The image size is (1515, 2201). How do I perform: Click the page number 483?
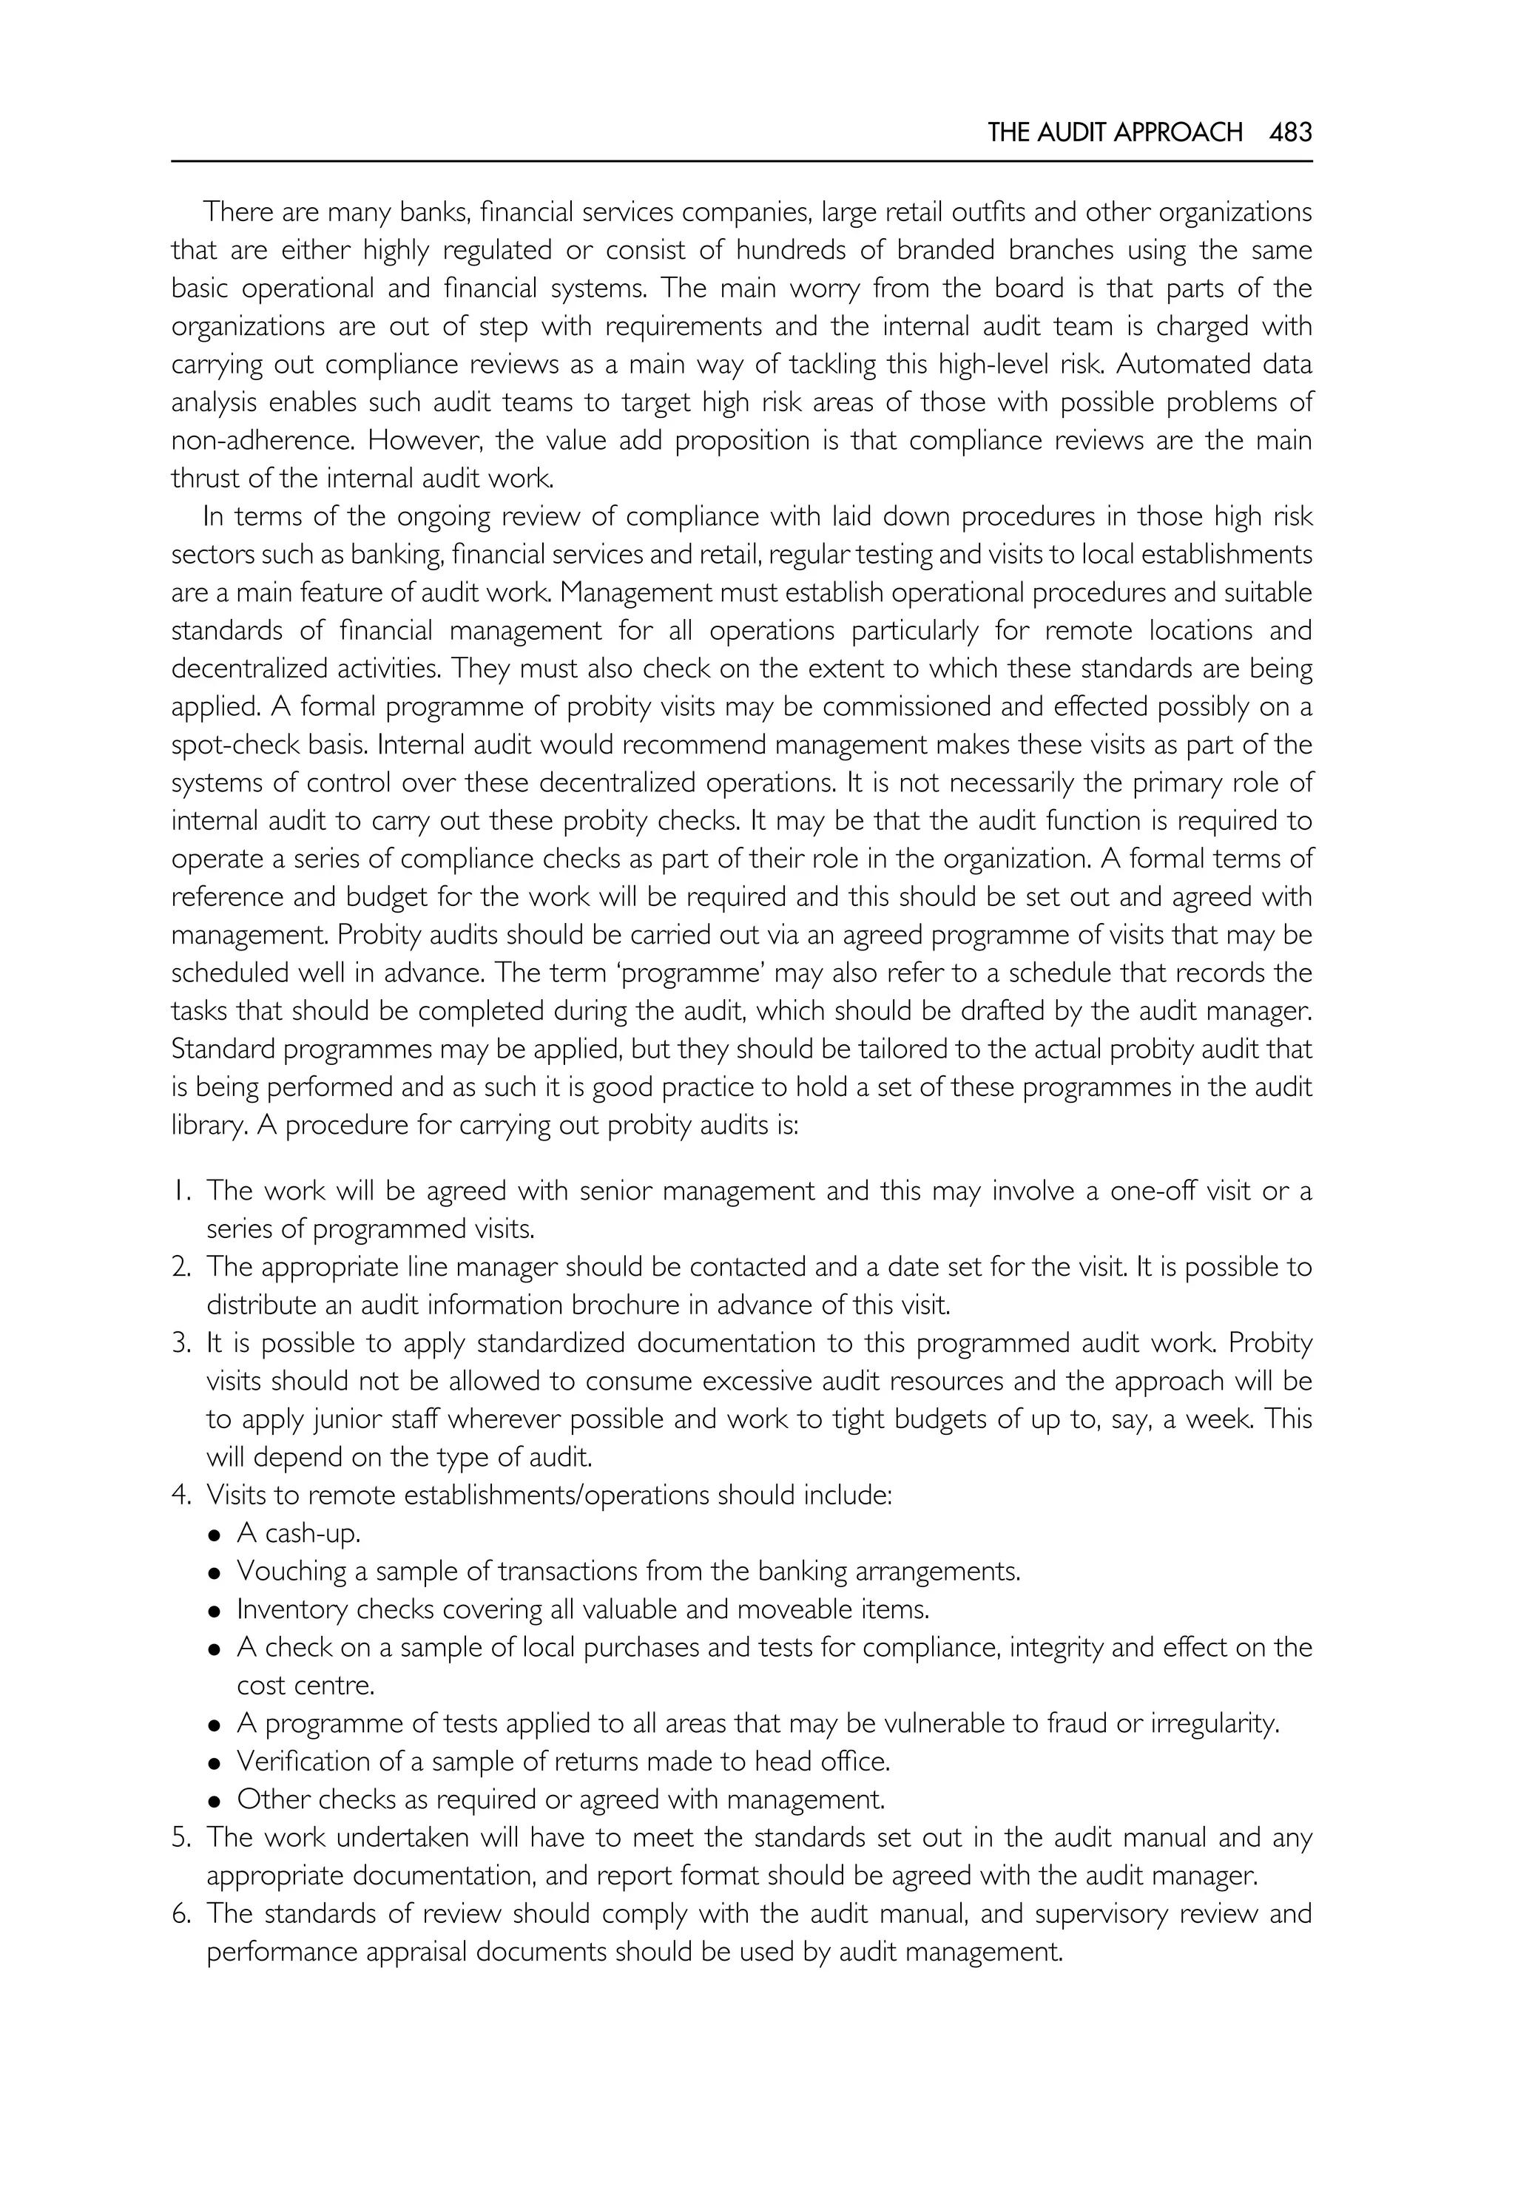[1290, 132]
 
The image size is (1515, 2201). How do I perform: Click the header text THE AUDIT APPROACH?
[1114, 132]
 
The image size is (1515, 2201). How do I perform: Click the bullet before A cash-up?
[215, 1535]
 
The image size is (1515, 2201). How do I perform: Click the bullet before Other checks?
[215, 1800]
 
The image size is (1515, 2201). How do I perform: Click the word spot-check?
[230, 745]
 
